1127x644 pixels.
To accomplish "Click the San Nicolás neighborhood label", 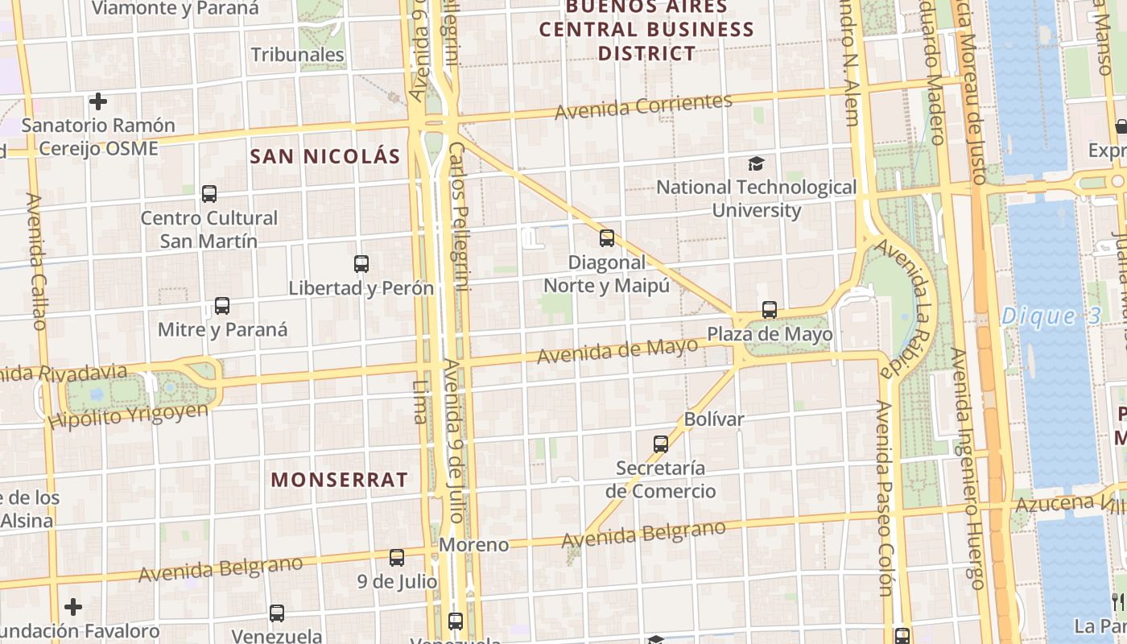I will (x=325, y=156).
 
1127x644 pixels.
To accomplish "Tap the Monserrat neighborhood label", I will (x=339, y=480).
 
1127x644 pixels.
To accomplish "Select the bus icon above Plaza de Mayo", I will (x=770, y=310).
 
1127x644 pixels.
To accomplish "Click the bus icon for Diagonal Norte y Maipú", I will (x=607, y=238).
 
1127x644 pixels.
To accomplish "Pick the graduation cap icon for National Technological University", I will (x=756, y=164).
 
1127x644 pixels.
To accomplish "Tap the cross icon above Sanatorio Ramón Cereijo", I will (x=98, y=101).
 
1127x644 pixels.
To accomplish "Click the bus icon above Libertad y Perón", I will (x=361, y=264).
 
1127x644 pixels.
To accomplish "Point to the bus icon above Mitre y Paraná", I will (x=222, y=306).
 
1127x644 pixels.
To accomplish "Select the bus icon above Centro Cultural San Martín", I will (x=209, y=194).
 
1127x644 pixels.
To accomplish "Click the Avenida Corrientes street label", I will (x=643, y=106).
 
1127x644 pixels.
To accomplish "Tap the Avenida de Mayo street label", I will (x=617, y=351).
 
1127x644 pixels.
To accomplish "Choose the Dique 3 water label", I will (x=1051, y=316).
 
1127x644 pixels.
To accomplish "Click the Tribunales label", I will (x=297, y=55).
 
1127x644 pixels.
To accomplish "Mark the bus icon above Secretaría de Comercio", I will (x=661, y=444).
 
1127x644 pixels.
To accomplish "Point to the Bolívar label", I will (x=714, y=419).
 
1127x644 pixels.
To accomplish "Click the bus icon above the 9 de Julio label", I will (x=397, y=557).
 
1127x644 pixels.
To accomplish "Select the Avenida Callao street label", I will (x=36, y=261).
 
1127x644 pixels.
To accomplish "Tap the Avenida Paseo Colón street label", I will (x=885, y=499).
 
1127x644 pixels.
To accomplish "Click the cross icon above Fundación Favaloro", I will (x=73, y=606).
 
